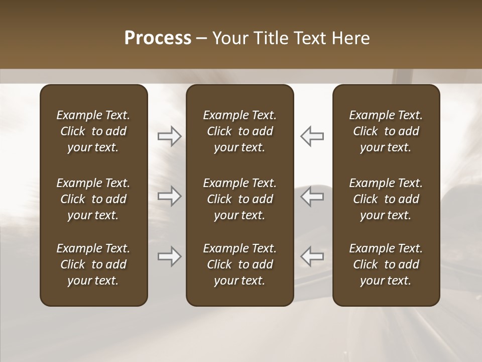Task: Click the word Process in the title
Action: coord(158,38)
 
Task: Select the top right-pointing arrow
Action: coord(169,136)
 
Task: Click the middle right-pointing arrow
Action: coord(169,196)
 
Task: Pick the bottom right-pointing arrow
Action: coord(169,256)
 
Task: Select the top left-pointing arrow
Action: coord(312,136)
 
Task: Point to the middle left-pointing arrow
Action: coord(312,196)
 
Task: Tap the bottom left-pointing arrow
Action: coord(312,256)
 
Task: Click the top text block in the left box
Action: coord(93,131)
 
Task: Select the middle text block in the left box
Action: coord(93,199)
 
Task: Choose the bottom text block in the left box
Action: coord(93,264)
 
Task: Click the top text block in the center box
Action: coord(239,131)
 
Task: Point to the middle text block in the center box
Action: coord(239,199)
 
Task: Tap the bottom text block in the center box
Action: coord(239,264)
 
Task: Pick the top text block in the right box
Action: coord(386,131)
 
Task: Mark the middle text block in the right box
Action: coord(386,199)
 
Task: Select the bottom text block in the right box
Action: coord(386,264)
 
